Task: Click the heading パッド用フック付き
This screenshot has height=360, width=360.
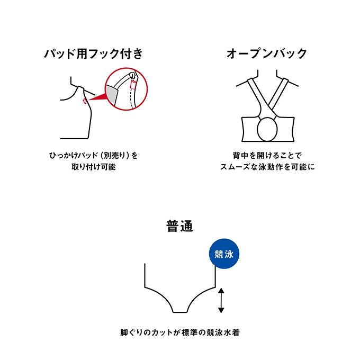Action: (94, 53)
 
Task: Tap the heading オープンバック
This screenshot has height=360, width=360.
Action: (267, 53)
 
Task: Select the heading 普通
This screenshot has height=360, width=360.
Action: (180, 226)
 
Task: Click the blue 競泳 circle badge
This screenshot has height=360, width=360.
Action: (224, 254)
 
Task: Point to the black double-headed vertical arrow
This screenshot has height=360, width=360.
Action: (221, 301)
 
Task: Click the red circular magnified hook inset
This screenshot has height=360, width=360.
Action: (126, 89)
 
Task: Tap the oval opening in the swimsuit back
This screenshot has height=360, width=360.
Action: (267, 129)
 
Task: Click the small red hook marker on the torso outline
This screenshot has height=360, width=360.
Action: (85, 101)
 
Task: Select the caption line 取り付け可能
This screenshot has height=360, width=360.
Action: (94, 167)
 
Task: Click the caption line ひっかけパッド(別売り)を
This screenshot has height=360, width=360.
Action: (94, 156)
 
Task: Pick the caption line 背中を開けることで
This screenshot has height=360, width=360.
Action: (267, 156)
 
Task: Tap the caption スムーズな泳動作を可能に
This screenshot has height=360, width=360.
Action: (267, 167)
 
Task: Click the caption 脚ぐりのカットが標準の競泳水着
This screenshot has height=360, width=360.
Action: (180, 332)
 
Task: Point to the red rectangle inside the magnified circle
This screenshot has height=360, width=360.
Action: (133, 85)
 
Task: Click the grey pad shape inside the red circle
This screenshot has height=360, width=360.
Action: (112, 94)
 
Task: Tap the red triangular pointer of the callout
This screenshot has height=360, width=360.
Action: (97, 96)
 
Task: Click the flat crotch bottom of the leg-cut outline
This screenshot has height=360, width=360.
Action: (180, 312)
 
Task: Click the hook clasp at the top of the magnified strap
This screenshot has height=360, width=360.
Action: (132, 75)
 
